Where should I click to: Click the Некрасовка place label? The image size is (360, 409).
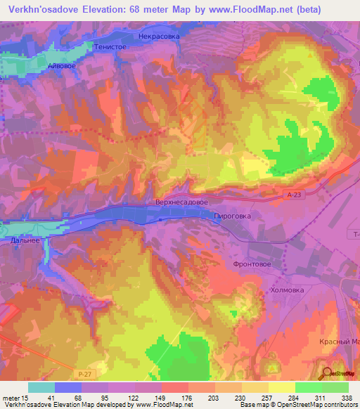tap(160, 35)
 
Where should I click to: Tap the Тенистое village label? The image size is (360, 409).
tap(109, 46)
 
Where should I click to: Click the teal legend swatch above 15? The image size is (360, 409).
tap(41, 387)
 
